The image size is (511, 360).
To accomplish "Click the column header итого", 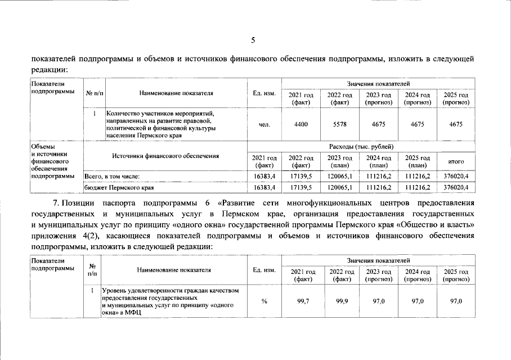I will pyautogui.click(x=456, y=161).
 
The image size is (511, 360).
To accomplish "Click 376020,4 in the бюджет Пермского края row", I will pyautogui.click(x=456, y=187).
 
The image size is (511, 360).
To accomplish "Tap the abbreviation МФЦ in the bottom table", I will pyautogui.click(x=133, y=313).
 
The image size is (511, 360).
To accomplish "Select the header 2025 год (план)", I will pyautogui.click(x=417, y=161).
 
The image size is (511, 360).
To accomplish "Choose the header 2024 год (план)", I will pyautogui.click(x=378, y=161).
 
